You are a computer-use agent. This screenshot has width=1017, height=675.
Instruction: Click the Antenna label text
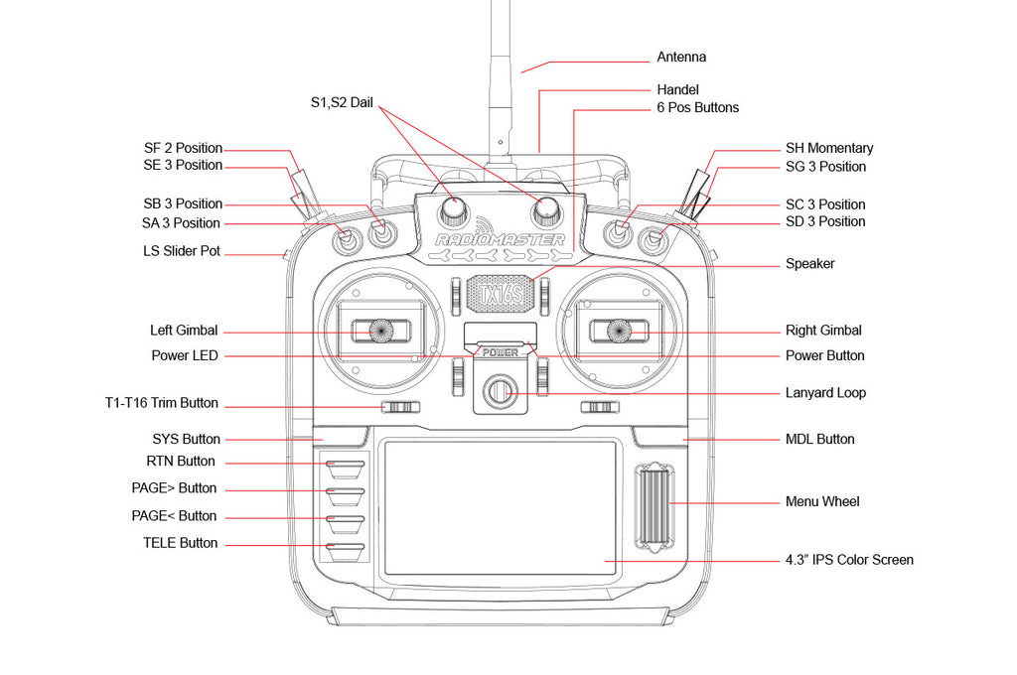681,58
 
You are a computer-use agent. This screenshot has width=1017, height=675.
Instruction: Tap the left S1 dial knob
455,208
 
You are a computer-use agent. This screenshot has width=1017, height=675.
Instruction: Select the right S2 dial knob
546,208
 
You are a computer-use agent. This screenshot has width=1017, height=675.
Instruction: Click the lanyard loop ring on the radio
500,391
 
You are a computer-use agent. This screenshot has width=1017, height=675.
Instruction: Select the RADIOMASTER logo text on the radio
500,239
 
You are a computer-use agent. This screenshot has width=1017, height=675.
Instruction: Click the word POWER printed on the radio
500,352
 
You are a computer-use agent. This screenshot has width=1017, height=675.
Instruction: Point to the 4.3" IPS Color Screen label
849,560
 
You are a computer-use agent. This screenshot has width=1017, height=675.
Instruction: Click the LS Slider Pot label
182,251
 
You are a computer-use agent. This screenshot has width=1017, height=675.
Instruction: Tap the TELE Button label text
180,543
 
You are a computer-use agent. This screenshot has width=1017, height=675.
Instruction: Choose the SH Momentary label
829,148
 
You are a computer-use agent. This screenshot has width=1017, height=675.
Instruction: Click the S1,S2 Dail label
341,102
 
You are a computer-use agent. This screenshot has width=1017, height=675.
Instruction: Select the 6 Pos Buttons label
697,107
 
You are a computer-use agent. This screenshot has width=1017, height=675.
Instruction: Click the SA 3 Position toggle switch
347,238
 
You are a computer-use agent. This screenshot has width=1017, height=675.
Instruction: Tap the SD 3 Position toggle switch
654,238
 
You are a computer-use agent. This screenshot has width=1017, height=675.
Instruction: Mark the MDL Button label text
819,439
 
